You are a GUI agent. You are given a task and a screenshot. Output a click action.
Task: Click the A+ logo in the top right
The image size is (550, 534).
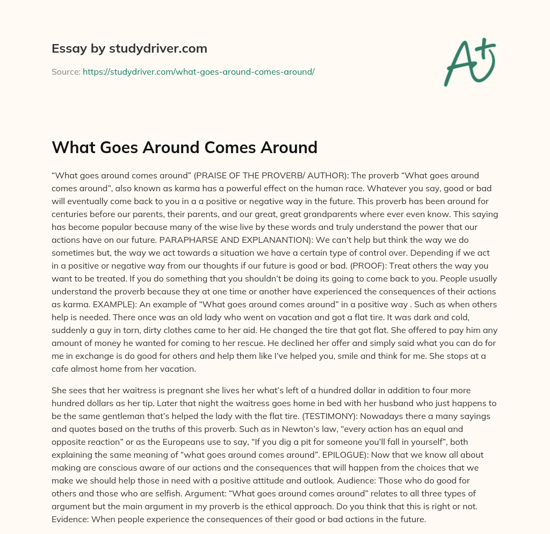469,62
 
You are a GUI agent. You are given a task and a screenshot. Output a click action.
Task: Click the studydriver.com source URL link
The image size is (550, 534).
198,71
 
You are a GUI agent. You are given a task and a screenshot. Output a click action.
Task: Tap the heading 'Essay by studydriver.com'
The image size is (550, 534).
129,49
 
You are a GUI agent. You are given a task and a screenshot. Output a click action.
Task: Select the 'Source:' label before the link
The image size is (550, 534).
66,71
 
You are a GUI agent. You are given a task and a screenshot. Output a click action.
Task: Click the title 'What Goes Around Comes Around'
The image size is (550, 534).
184,147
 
